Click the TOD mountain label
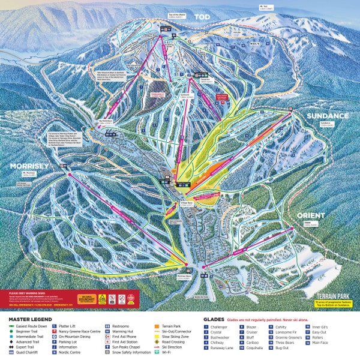(x=202, y=17)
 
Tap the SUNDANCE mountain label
(x=327, y=115)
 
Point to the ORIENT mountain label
(x=310, y=215)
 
